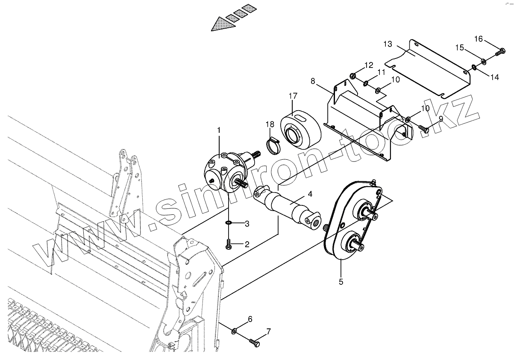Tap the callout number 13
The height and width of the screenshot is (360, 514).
coord(388,44)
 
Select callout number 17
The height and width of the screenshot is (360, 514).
coord(293,96)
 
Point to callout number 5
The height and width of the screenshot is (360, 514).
coord(341,281)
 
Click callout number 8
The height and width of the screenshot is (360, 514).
coord(314,80)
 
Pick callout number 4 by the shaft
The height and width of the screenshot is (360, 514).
coord(310,194)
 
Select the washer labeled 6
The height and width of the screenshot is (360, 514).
coord(235,331)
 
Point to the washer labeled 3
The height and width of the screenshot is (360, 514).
coord(229,223)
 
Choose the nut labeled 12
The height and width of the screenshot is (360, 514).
coord(353,76)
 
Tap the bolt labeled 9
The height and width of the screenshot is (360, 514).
coord(423,128)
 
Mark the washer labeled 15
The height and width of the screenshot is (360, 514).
coord(483,62)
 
